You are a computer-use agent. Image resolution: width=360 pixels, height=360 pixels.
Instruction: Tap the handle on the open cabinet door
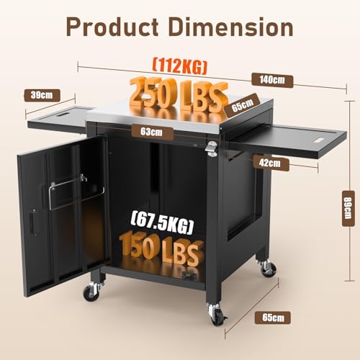[32, 220]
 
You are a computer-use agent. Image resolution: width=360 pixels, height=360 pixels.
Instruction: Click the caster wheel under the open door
[91, 292]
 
